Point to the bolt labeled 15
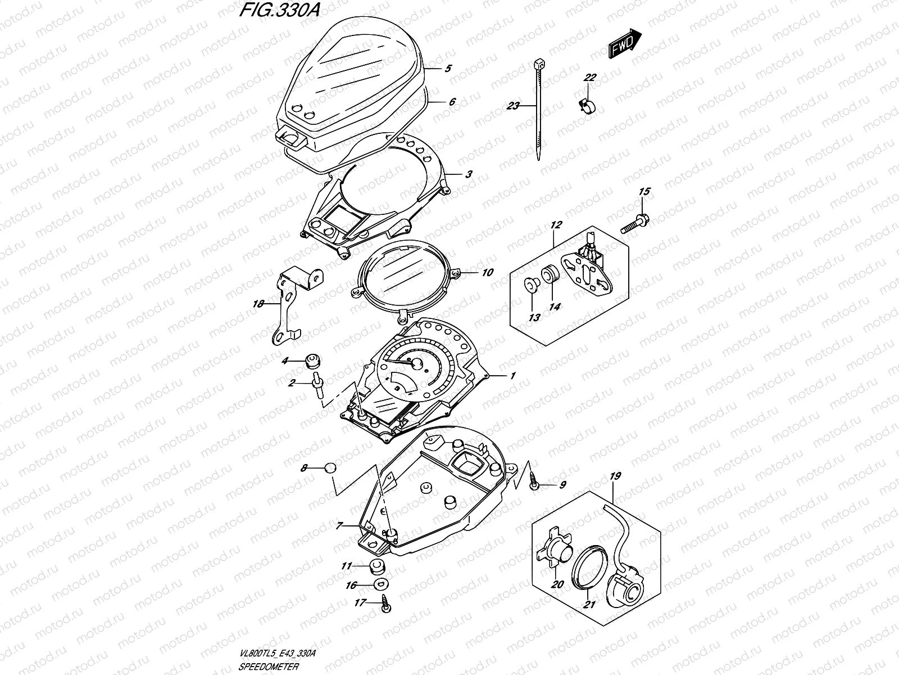coord(635,224)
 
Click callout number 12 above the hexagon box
coord(556,225)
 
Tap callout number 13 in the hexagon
coord(534,318)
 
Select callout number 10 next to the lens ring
coord(487,273)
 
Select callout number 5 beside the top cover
coord(448,69)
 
